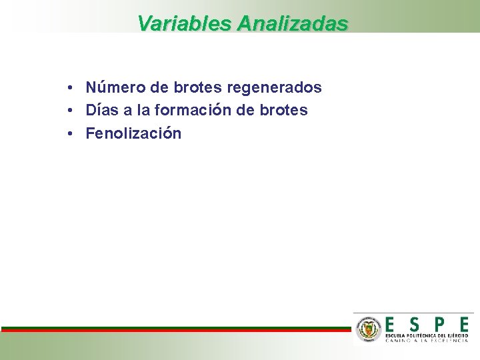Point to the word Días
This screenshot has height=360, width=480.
[100, 110]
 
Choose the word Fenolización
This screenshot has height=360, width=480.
[133, 133]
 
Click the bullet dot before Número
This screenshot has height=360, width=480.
[70, 88]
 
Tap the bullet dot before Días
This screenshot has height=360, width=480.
[70, 111]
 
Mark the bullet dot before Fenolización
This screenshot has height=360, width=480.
[70, 134]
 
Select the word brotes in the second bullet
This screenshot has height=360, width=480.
[283, 110]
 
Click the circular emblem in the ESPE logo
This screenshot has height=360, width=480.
[368, 329]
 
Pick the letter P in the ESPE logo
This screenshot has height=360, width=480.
[439, 323]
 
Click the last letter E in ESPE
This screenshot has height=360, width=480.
[463, 323]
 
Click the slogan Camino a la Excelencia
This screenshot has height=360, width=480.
[427, 341]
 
